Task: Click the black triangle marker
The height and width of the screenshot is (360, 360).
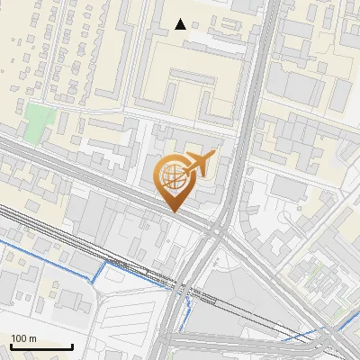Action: click(181, 24)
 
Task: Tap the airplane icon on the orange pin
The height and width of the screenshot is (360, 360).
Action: click(198, 164)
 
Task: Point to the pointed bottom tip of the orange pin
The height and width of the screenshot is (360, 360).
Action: click(174, 211)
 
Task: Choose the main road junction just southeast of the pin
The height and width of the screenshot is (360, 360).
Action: click(216, 232)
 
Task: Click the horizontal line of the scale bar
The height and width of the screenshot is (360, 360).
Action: click(40, 347)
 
